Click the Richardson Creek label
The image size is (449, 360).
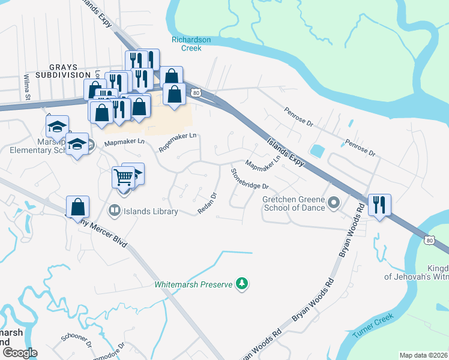click(191, 44)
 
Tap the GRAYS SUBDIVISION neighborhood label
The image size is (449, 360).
click(62, 70)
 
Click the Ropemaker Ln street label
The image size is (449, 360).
click(178, 142)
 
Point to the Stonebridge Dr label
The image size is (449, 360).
click(249, 179)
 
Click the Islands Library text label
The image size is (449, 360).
click(151, 211)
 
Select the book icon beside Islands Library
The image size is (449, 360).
click(113, 211)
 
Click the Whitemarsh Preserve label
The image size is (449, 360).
click(193, 284)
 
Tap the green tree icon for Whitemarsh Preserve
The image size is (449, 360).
click(241, 283)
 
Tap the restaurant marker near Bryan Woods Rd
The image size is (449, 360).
click(379, 205)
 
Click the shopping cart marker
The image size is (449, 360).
click(123, 178)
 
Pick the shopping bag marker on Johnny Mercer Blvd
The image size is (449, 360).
click(78, 207)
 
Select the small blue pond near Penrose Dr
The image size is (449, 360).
click(316, 149)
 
